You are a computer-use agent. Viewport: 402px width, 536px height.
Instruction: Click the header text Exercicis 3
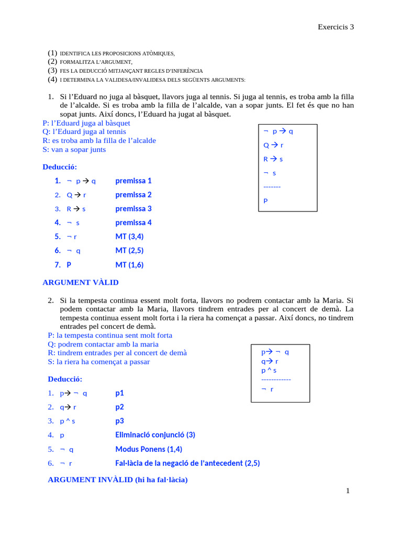336,27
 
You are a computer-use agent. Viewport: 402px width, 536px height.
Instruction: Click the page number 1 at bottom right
347,490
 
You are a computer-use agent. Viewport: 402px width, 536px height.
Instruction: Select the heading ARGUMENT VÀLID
81,283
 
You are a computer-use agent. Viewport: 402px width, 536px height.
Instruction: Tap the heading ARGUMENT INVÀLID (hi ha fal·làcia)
117,479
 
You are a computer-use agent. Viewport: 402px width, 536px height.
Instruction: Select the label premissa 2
133,195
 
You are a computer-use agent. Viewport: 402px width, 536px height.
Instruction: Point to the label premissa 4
133,222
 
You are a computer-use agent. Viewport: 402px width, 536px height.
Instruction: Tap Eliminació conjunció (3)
155,435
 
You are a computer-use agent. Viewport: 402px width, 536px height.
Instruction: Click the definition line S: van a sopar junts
74,150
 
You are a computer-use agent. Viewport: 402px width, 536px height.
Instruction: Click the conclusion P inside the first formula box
266,200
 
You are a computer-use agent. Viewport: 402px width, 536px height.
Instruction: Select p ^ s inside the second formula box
269,371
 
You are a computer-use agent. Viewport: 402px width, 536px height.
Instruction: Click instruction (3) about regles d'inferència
126,71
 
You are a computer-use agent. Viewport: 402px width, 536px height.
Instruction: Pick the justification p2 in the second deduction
120,407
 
